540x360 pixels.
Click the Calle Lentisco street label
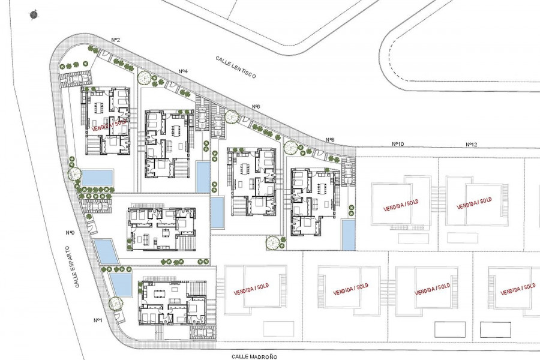tap(236, 67)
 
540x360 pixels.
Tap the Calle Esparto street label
tap(72, 266)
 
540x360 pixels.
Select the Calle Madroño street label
tap(254, 357)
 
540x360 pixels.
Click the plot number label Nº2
tap(116, 40)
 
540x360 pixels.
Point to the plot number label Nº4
tap(183, 71)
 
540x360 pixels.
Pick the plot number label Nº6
tap(256, 107)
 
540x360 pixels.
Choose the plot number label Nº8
tap(330, 140)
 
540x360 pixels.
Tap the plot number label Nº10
tap(398, 144)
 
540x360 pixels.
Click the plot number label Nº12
tap(472, 145)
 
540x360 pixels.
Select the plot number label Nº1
tap(98, 320)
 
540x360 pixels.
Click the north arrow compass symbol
tap(34, 15)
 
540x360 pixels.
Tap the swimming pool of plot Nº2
tap(97, 177)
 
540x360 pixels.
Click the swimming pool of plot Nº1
tap(121, 284)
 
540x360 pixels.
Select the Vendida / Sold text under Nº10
tap(401, 206)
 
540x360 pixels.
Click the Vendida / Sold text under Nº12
tap(474, 203)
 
